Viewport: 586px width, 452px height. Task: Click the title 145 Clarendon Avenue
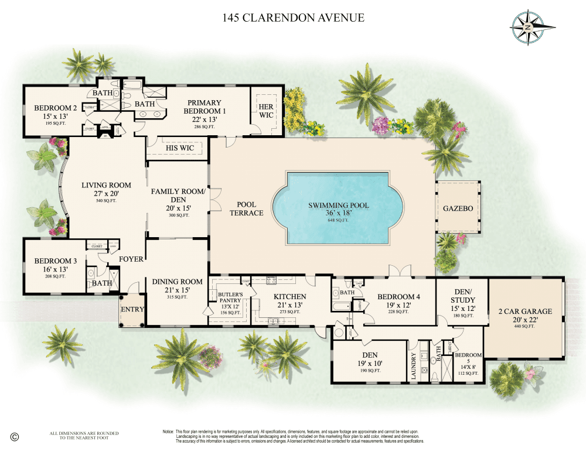coord(294,18)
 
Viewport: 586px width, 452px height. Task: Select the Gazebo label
coord(458,208)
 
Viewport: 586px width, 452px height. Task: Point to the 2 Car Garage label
coord(525,311)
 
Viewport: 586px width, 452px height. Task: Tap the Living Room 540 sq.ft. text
coord(106,201)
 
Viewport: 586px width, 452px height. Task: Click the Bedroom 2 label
coord(56,108)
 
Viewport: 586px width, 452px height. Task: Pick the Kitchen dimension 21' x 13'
coord(289,305)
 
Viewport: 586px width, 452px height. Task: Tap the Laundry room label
coord(414,366)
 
